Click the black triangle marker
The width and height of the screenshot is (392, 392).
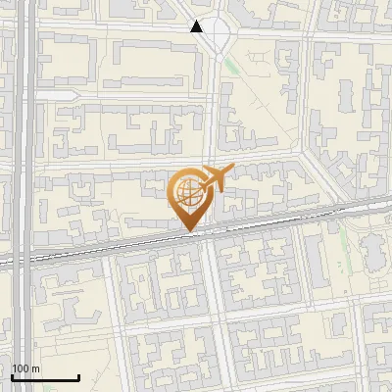[197, 26]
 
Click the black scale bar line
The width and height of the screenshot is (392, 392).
[45, 377]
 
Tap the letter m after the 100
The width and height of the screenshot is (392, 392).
[35, 368]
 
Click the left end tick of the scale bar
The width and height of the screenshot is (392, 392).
[12, 376]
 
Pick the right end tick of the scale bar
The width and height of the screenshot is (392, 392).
[78, 376]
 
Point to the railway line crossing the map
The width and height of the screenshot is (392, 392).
[98, 249]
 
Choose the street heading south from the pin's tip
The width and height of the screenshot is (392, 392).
[209, 314]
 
